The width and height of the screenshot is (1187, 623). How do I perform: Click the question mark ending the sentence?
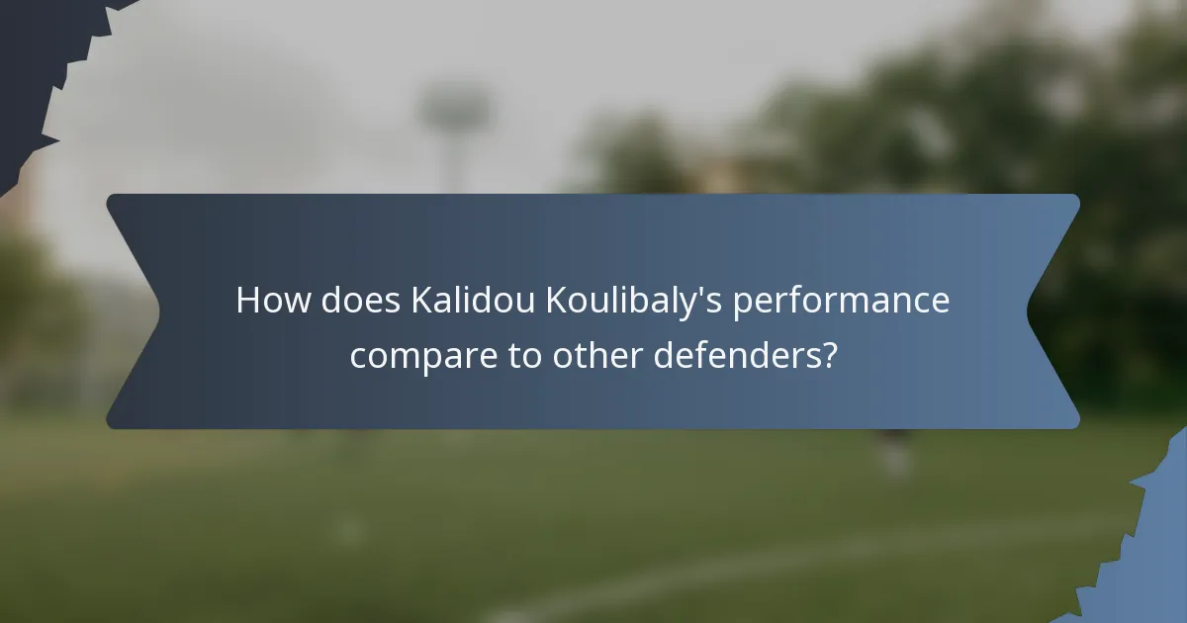point(829,356)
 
